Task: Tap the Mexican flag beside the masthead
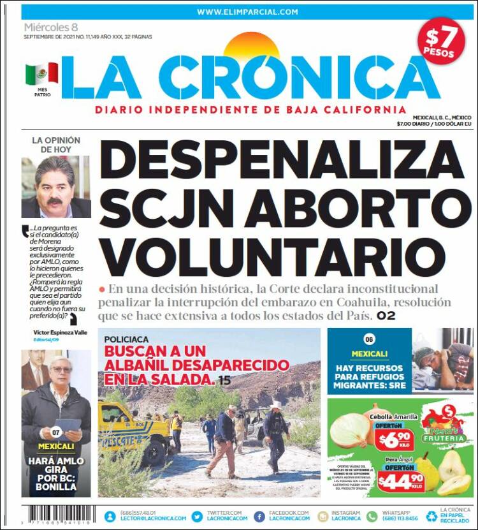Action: tap(41, 74)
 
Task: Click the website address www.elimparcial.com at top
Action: tap(247, 11)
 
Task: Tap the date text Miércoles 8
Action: tap(51, 27)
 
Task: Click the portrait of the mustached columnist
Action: tap(55, 187)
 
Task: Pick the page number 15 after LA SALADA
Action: tap(224, 381)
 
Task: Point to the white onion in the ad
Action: tap(351, 431)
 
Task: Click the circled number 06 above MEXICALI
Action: tap(369, 340)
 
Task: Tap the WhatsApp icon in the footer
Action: tap(372, 516)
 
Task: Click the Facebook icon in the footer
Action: tap(259, 516)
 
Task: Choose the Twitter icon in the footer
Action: tap(196, 516)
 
